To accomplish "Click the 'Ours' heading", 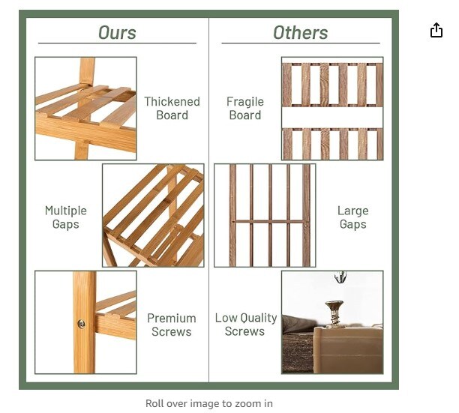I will [x=117, y=32].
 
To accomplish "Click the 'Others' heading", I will [x=300, y=32].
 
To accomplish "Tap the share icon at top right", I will [x=436, y=30].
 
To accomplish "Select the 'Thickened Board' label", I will [x=172, y=108].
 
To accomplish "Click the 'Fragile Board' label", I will [x=245, y=108].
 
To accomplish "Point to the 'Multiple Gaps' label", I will [x=66, y=217].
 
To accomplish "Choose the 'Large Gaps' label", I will [x=352, y=217].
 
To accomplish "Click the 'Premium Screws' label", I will [x=171, y=325].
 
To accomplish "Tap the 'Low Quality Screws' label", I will [x=245, y=325].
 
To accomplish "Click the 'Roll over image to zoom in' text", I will [x=209, y=403].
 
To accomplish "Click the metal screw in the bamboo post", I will [x=81, y=324].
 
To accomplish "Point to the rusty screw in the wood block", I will [x=334, y=313].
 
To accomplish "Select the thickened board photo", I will [x=85, y=108].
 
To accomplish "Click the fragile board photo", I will [x=332, y=108].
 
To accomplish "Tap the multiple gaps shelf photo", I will [x=153, y=216].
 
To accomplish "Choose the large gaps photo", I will [x=265, y=216].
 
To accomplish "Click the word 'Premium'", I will [x=171, y=318].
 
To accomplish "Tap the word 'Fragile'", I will [x=245, y=101].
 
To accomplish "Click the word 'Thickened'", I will [x=172, y=101].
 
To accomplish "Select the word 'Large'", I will [x=352, y=211].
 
